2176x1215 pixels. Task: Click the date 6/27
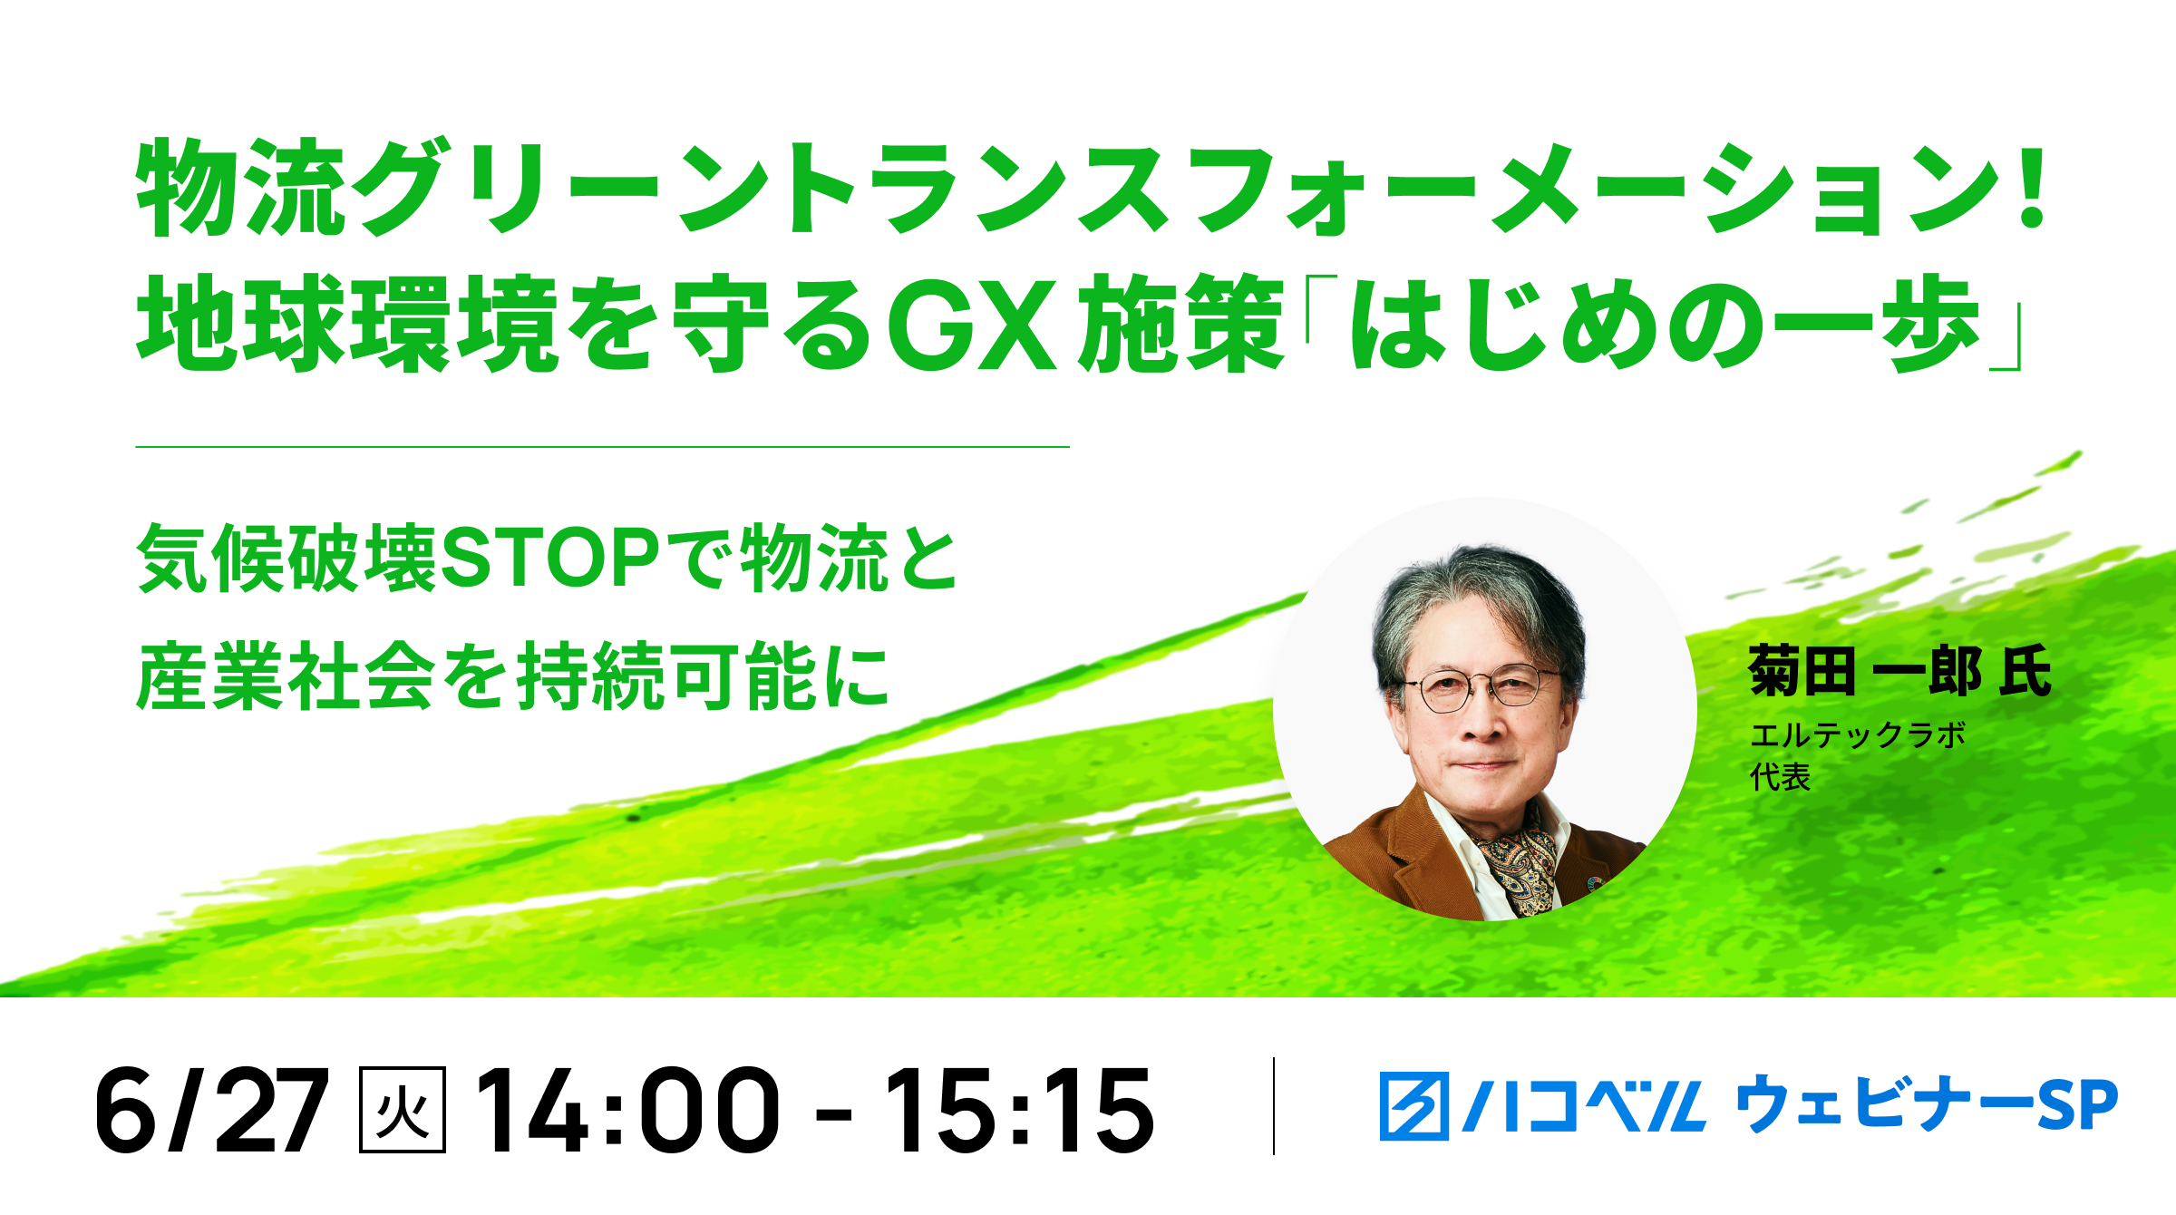(211, 1110)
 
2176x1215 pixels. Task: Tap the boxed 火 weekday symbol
(403, 1110)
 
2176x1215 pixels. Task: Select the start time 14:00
(627, 1110)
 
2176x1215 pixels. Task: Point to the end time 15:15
(1018, 1110)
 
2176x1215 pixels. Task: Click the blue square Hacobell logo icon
(1413, 1105)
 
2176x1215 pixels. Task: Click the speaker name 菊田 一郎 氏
(1899, 671)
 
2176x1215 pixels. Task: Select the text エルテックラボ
(1858, 734)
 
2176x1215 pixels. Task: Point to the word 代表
(1780, 777)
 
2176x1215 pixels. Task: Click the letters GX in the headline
(973, 325)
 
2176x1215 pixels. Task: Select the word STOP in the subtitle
(549, 558)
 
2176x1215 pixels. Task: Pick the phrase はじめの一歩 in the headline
(1664, 324)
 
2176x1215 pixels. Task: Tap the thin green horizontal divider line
(603, 447)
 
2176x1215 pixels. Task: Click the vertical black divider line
(1274, 1106)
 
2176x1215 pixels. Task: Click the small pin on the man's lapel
(1595, 881)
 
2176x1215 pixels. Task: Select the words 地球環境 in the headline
(346, 324)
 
